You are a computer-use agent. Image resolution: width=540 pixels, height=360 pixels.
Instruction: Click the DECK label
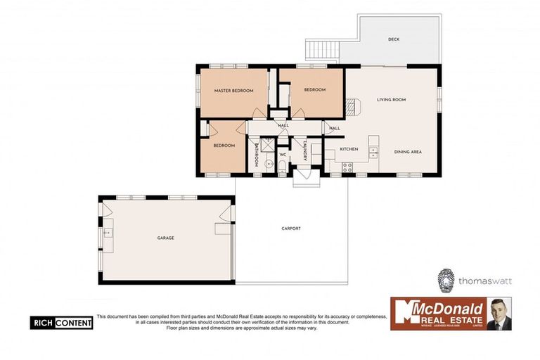(x=394, y=39)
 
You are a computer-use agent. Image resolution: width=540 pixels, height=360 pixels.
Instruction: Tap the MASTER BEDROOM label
(x=233, y=91)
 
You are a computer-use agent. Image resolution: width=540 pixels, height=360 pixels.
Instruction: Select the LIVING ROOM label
(x=392, y=100)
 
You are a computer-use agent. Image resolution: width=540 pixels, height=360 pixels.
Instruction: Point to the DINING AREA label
(x=408, y=153)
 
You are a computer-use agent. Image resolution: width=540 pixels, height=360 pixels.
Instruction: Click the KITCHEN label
(x=349, y=149)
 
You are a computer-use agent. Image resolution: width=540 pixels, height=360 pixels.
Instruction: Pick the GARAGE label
(x=166, y=238)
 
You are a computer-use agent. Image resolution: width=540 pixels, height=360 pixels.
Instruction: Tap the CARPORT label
(x=291, y=229)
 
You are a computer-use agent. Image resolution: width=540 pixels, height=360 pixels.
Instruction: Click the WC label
(x=282, y=154)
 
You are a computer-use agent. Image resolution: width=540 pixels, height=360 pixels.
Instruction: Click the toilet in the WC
(x=282, y=166)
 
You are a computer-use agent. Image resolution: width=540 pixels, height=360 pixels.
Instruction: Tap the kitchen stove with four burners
(x=347, y=167)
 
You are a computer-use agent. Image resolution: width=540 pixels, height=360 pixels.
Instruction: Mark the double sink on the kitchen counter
(x=374, y=150)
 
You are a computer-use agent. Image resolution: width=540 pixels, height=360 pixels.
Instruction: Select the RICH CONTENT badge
(x=61, y=323)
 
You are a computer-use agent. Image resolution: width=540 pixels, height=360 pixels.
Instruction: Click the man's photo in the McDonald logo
(x=499, y=314)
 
